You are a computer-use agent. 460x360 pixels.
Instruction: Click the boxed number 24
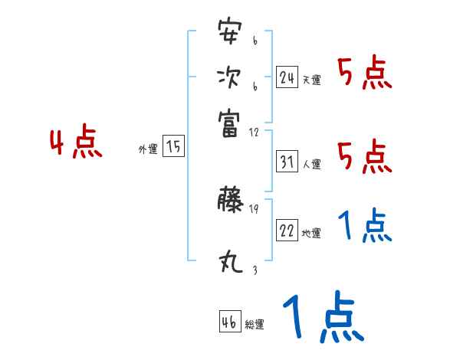pyautogui.click(x=287, y=77)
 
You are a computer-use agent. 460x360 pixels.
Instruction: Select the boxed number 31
pyautogui.click(x=287, y=162)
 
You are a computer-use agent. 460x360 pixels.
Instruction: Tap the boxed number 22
pyautogui.click(x=287, y=231)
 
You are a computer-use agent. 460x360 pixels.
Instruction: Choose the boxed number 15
pyautogui.click(x=174, y=147)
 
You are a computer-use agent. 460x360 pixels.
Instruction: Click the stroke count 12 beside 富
pyautogui.click(x=255, y=132)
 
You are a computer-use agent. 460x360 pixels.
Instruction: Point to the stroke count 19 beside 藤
pyautogui.click(x=255, y=209)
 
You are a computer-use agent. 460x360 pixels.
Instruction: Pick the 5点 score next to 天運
pyautogui.click(x=365, y=75)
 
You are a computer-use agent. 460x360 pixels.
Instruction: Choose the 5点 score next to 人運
pyautogui.click(x=365, y=157)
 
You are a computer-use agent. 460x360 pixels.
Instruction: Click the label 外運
pyautogui.click(x=147, y=149)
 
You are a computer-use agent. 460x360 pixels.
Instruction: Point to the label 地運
pyautogui.click(x=311, y=234)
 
